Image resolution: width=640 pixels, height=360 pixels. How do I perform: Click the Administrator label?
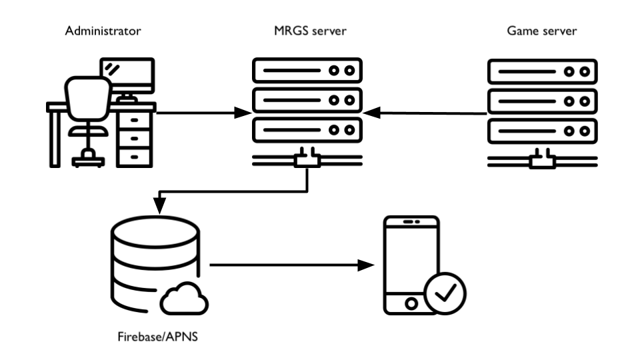click(103, 31)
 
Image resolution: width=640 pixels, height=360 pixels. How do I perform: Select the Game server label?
click(541, 31)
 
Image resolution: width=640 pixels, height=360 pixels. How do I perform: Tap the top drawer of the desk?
click(135, 121)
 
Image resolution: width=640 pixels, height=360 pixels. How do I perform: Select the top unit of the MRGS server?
click(307, 70)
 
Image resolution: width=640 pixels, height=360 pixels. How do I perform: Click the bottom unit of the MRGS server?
click(307, 130)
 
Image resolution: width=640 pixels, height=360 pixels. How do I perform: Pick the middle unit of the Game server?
click(542, 101)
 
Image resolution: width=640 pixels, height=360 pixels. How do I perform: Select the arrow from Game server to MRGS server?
click(427, 113)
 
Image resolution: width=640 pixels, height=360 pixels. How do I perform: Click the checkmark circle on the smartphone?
click(445, 292)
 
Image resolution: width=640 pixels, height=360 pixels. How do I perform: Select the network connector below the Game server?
click(542, 161)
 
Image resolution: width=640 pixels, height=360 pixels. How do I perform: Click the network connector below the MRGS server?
click(307, 161)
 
